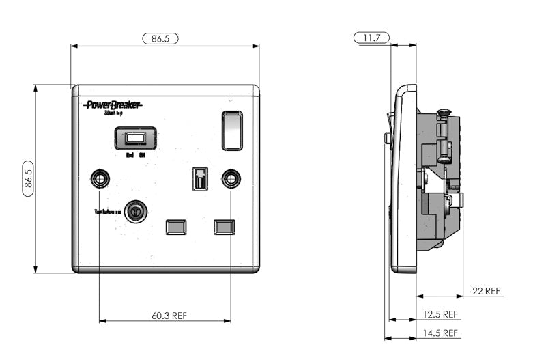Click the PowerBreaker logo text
pos(112,105)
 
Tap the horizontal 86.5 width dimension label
pos(160,39)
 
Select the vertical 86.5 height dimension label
pos(29,178)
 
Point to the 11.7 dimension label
pos(372,38)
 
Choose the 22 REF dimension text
pos(487,291)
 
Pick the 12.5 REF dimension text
pos(440,314)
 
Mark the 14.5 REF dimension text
pos(440,333)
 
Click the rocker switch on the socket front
pos(232,130)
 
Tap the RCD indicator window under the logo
pos(136,139)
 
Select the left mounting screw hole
pos(100,178)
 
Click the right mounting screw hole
pos(231,178)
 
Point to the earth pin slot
pos(200,179)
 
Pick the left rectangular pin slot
pos(176,225)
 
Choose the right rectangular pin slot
pos(225,225)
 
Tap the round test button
pos(136,212)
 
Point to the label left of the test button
pos(107,212)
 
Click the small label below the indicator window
pos(136,155)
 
